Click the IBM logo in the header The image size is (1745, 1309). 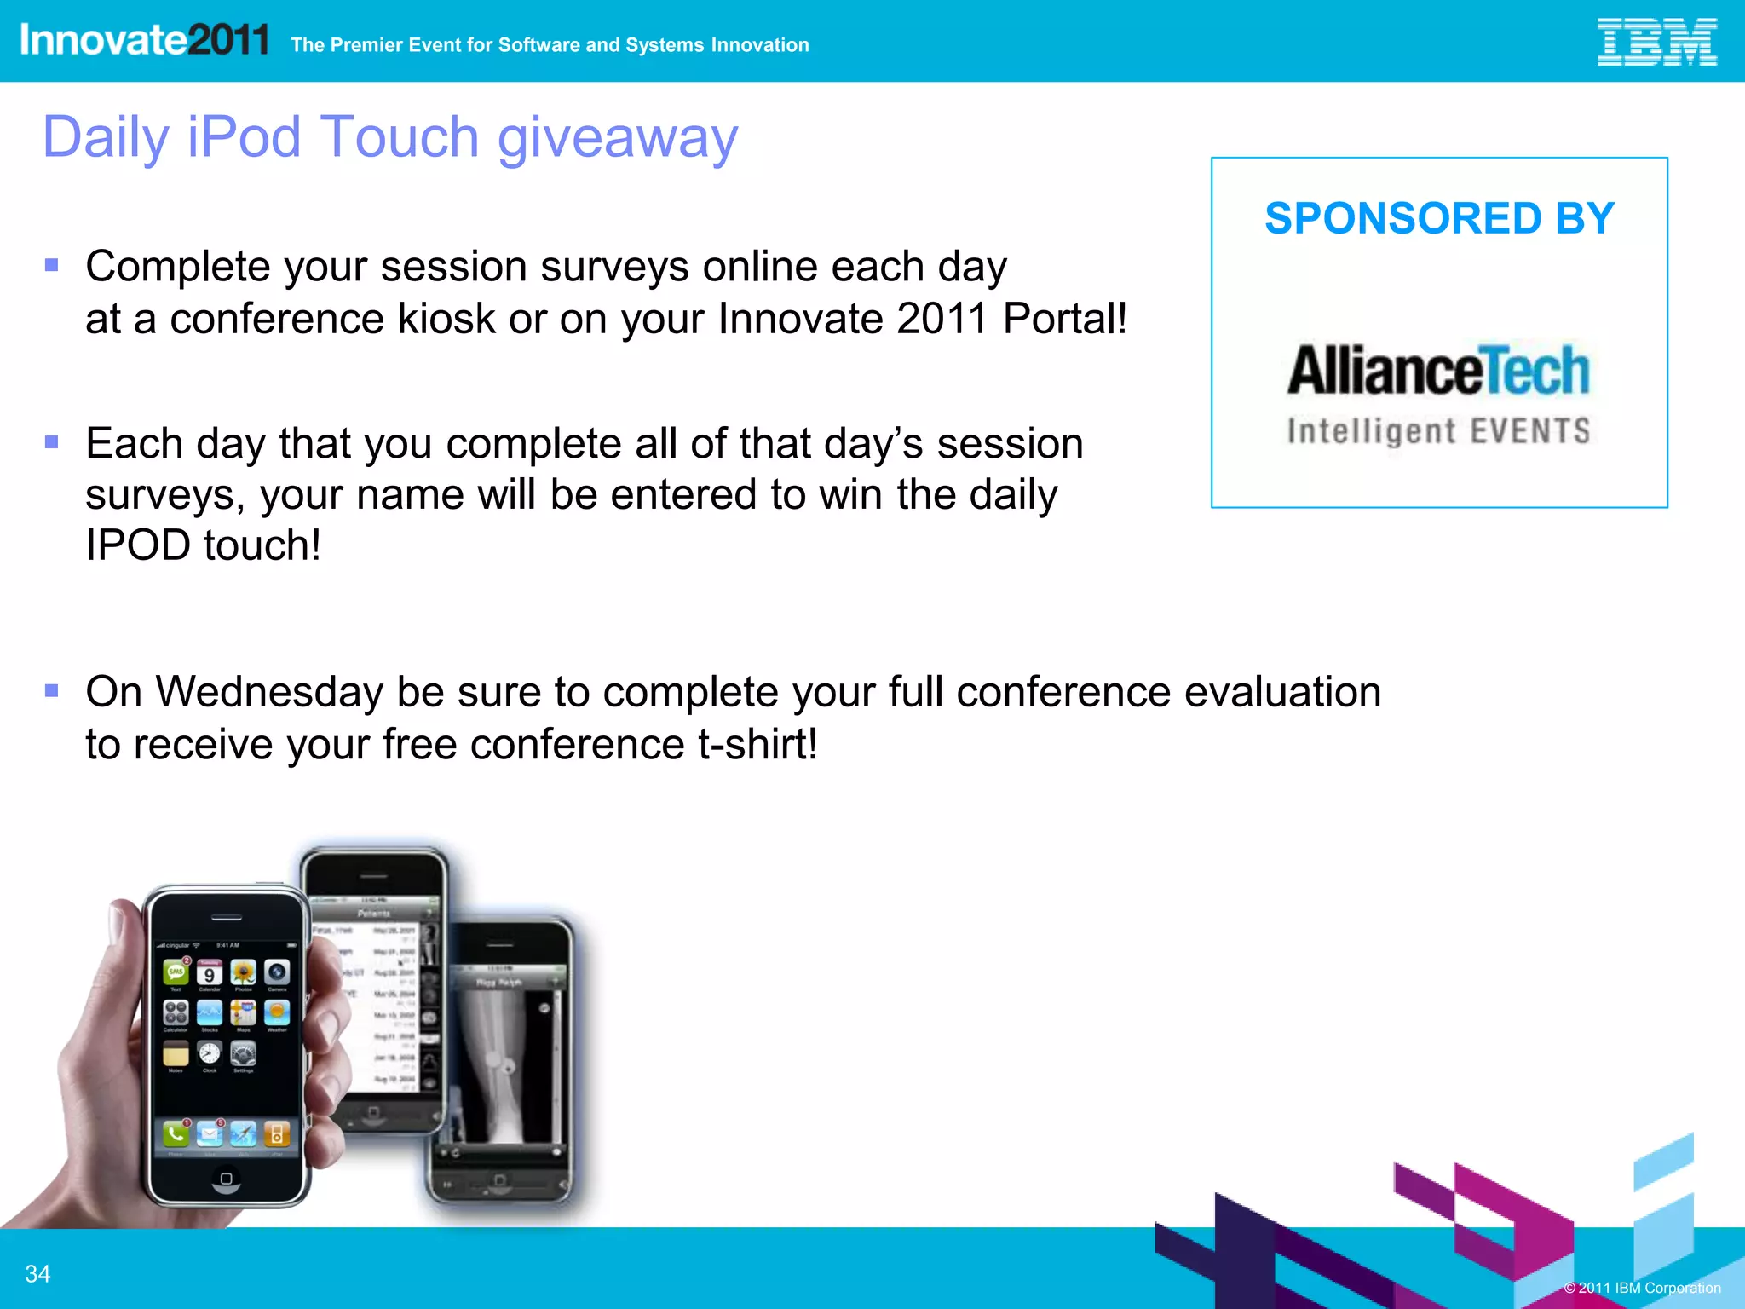1656,42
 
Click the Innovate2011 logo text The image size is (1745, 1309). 144,40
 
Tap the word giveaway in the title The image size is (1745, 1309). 618,138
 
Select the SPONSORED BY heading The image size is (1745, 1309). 1439,218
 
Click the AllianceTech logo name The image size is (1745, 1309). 1438,371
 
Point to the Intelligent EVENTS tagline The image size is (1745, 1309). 1438,431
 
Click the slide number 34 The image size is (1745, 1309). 37,1274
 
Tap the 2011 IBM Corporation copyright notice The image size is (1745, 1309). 1642,1288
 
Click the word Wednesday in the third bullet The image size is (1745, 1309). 269,691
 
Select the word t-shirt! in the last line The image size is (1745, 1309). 757,744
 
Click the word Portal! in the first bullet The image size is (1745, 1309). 1064,319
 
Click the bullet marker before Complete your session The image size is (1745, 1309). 52,265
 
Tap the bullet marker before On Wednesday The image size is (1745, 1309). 52,690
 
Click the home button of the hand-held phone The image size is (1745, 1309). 226,1179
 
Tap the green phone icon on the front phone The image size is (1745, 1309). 176,1134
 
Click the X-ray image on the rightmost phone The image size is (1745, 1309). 504,1065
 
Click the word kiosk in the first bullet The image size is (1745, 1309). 446,319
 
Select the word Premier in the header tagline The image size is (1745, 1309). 366,45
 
